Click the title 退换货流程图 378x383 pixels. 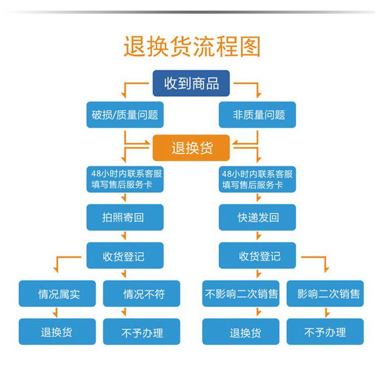(192, 47)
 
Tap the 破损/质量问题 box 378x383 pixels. (125, 115)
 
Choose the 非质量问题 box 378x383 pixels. (257, 115)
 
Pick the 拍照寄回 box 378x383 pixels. (125, 218)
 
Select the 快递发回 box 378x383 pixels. (257, 218)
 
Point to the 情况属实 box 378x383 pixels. (57, 293)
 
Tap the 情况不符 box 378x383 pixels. (141, 293)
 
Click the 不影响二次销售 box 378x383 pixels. (241, 293)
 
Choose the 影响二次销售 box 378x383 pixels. (325, 293)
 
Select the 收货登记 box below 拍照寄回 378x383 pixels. (125, 256)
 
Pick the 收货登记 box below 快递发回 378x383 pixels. (257, 256)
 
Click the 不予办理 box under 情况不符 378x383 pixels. (141, 332)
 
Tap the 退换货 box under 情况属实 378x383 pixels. (57, 332)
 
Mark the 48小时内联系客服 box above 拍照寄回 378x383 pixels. (125, 180)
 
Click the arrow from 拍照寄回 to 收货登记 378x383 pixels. (125, 236)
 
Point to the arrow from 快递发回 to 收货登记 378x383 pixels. (257, 236)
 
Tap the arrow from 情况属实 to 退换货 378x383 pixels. (57, 313)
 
